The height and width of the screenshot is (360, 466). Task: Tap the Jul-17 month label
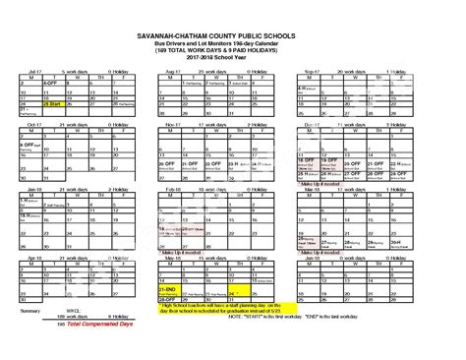pos(35,72)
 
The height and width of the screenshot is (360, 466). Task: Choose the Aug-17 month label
pos(173,72)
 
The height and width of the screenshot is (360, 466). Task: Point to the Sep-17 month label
pos(313,72)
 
